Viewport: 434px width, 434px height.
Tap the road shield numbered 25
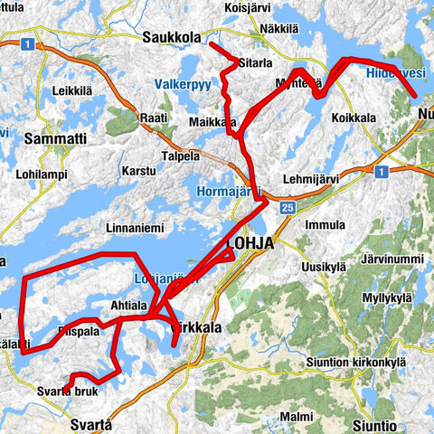[288, 208]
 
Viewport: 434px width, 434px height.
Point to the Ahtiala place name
[127, 305]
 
